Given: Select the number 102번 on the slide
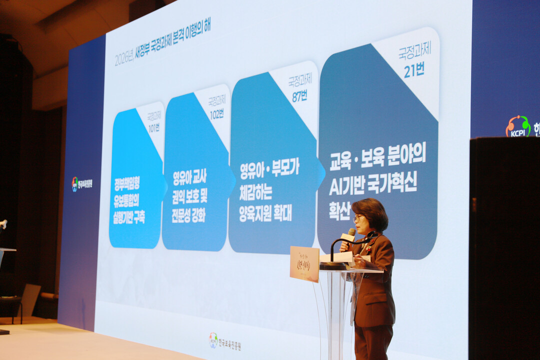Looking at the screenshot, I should coord(216,114).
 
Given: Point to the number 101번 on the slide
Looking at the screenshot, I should coord(153,127).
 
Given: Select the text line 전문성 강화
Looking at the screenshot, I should coord(188,215).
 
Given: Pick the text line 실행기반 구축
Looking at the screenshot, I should coord(129,217).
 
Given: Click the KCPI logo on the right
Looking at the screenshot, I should coord(518,126).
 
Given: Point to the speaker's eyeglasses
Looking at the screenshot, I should coord(358,218).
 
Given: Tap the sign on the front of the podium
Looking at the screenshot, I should coord(304,263).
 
